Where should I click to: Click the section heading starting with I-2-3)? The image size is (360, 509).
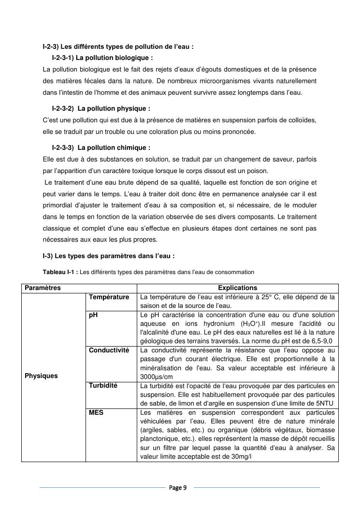118,47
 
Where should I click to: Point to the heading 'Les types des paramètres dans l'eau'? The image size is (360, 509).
108,256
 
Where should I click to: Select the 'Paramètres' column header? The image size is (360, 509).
43,288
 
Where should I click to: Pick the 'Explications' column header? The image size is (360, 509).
237,288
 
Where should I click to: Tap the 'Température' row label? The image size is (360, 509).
109,297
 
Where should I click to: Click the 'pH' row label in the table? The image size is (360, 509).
93,315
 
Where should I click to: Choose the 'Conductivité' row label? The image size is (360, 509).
109,350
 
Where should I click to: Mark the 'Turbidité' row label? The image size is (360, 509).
103,385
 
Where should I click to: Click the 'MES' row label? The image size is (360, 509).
96,413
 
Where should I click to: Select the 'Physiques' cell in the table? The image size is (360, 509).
41,376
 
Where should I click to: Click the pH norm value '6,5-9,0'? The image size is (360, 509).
323,341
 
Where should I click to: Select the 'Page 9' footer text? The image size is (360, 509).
179,487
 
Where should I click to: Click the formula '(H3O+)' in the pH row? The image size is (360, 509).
265,323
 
